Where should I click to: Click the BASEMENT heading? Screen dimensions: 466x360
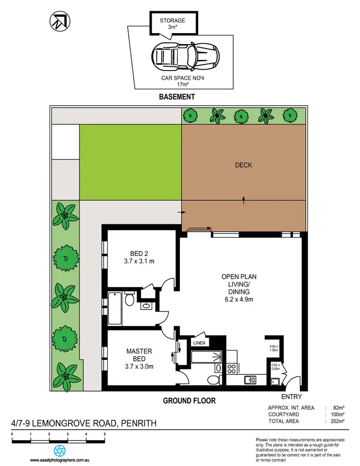177,96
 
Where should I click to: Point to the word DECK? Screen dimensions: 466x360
243,165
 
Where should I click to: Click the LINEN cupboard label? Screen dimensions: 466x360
199,343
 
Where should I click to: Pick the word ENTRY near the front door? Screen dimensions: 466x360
291,396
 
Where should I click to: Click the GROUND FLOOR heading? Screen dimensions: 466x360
189,400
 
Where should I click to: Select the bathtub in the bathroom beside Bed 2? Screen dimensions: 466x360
116,309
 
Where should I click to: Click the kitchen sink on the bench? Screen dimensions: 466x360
250,381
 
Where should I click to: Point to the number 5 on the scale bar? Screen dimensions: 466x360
105,433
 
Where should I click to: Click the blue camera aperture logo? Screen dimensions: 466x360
59,451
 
